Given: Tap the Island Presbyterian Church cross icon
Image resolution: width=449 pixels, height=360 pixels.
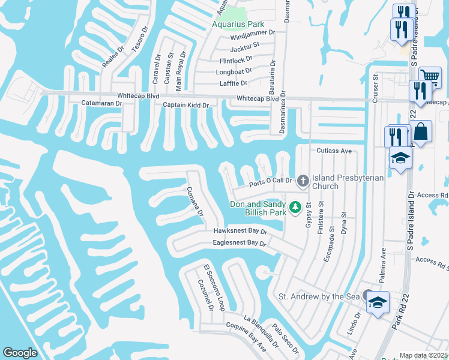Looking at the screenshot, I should (303, 179).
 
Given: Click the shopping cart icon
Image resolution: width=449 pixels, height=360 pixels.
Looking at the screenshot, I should (429, 76).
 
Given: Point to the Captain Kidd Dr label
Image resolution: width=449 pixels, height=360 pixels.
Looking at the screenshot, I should (185, 105).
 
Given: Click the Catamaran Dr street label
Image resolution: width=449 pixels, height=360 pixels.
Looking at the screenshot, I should (102, 103).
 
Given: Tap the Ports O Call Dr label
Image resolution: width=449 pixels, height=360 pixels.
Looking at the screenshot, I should (271, 181).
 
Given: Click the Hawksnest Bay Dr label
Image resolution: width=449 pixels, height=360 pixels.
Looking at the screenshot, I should (240, 231).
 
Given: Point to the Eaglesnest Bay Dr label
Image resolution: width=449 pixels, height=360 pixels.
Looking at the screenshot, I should (239, 243).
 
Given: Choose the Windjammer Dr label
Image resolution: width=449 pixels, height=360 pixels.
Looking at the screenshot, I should (252, 34).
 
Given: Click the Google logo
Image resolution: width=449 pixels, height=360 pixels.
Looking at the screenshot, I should (20, 353).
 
